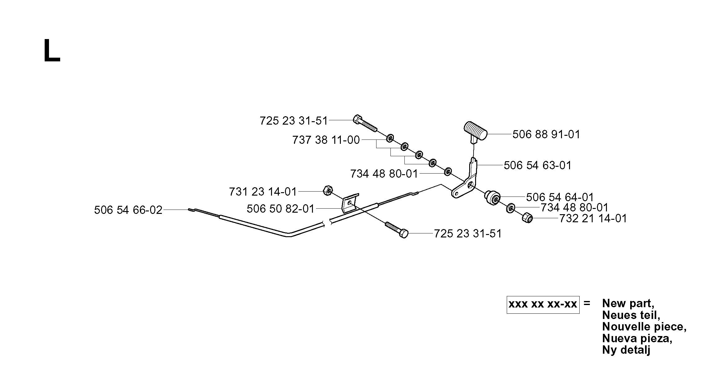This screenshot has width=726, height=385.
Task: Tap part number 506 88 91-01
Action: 546,135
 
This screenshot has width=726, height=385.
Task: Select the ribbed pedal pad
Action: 475,131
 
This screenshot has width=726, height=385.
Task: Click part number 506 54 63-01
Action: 537,165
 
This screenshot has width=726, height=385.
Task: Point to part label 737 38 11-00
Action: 326,140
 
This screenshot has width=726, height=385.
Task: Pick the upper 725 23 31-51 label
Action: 294,121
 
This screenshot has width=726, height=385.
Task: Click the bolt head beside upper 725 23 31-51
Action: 358,119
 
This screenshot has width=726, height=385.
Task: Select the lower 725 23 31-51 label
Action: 468,233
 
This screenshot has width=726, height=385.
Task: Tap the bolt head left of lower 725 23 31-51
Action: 403,233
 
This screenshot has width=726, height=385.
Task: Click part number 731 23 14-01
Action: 263,192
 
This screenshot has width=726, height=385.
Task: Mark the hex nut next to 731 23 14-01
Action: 327,191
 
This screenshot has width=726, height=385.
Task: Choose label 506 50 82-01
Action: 281,209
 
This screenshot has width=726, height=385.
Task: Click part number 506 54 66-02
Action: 128,210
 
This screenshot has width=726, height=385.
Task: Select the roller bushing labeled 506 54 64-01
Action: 492,198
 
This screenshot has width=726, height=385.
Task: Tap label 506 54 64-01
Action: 560,197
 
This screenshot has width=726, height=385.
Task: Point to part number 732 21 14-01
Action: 593,219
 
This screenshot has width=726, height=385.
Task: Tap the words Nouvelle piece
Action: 644,327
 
